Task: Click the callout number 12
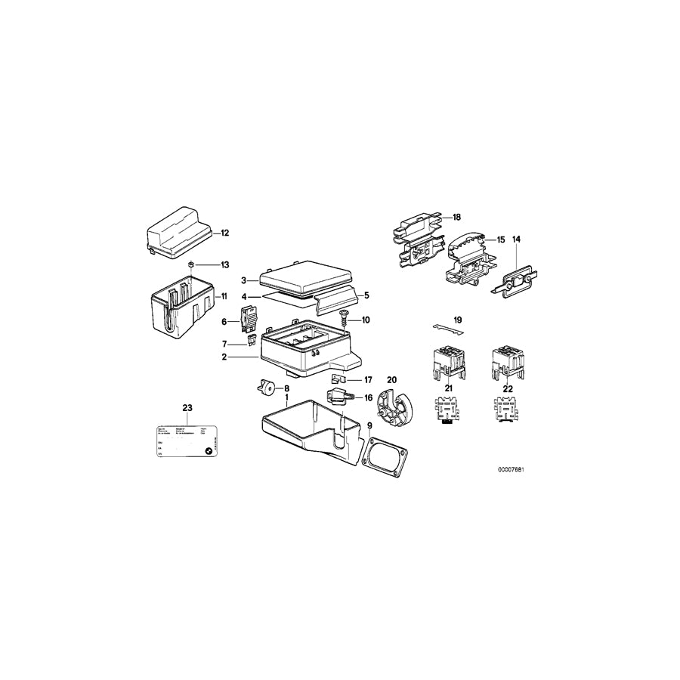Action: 224,233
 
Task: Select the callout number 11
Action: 224,297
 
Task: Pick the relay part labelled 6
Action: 250,320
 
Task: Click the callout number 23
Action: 187,408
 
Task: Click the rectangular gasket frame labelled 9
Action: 385,457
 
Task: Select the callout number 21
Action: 448,388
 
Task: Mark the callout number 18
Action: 456,217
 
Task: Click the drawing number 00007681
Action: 511,470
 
